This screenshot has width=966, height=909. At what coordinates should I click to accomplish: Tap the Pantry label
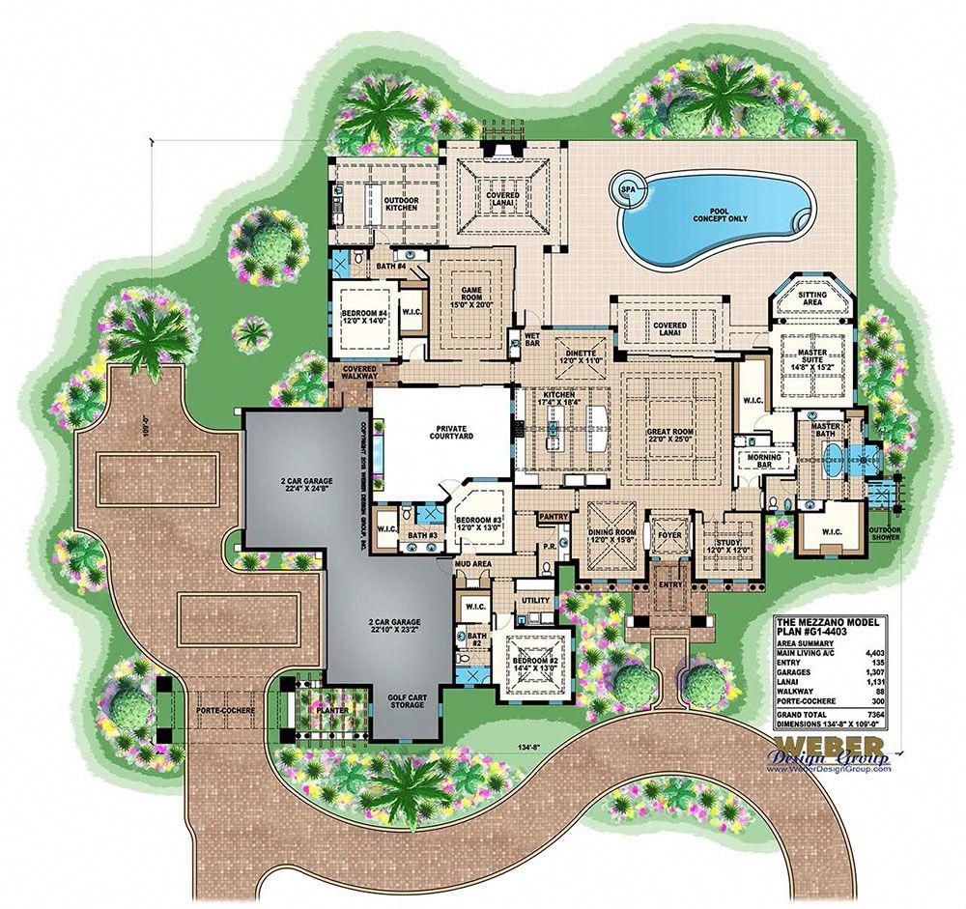[x=554, y=517]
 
